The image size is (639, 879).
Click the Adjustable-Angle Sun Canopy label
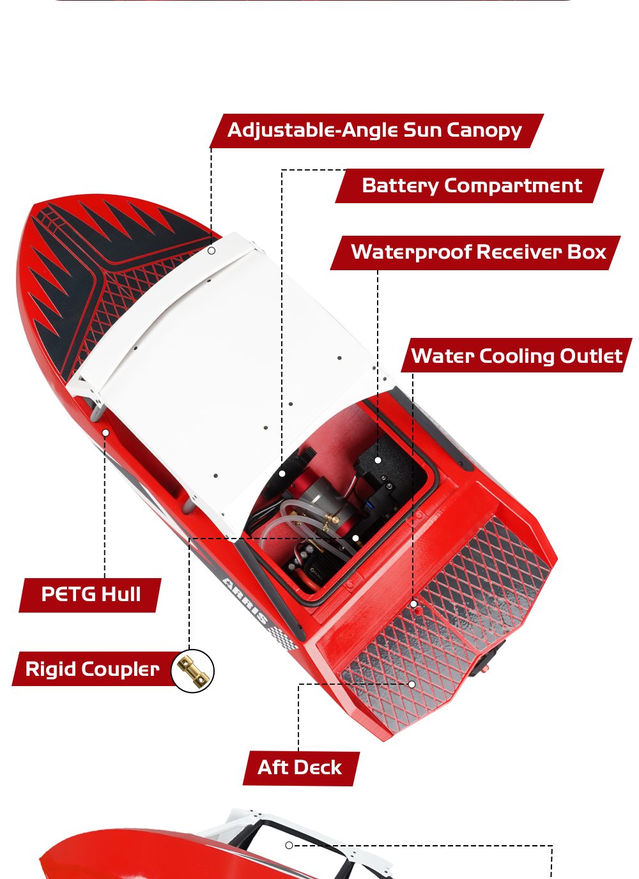click(376, 131)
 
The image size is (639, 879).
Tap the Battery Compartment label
click(470, 186)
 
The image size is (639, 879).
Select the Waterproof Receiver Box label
click(475, 253)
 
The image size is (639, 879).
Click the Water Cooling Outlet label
click(516, 355)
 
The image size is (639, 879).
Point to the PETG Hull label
click(90, 595)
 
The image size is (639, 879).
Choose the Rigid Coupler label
click(93, 669)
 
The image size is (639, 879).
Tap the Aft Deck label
click(301, 768)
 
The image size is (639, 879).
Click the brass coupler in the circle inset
click(193, 671)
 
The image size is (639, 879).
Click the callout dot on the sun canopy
click(211, 250)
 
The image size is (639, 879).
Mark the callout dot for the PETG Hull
click(105, 432)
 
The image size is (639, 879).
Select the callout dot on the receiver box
click(378, 460)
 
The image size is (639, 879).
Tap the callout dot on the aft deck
click(412, 684)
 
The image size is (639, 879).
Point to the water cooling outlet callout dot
click(413, 604)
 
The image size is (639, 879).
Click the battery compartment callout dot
click(282, 473)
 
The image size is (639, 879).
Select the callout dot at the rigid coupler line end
click(355, 538)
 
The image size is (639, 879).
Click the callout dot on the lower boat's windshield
click(289, 845)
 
